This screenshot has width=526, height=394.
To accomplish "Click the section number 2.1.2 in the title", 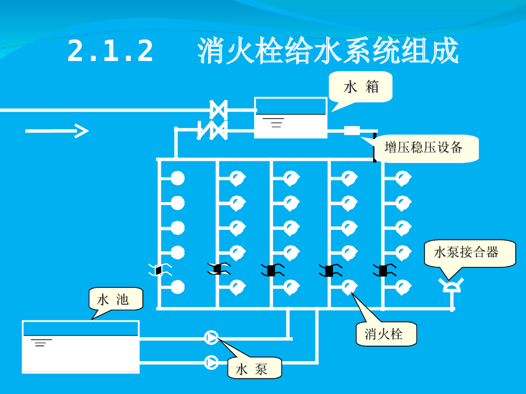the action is tap(110, 51).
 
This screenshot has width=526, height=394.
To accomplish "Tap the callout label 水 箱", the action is tap(361, 87).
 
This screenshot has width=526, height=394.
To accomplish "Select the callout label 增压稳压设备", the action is tap(423, 147).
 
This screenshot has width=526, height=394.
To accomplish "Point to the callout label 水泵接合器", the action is tap(466, 252).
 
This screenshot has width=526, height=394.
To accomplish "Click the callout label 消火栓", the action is tap(383, 333).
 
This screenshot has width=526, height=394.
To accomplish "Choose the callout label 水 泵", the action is tap(251, 369).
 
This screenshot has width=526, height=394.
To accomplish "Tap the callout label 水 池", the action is tap(112, 299).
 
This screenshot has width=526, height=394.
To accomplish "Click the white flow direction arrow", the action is tap(57, 131).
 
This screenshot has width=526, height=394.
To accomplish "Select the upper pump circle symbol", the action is tap(211, 338).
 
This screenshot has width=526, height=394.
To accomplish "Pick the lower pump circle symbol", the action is tap(211, 362).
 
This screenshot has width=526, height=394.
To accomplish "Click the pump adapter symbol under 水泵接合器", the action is tap(451, 285).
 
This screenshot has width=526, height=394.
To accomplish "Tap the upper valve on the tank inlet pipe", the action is tap(218, 110).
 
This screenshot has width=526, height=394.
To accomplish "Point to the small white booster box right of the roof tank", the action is tap(352, 130).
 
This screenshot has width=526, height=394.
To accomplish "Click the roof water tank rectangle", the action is tap(291, 117).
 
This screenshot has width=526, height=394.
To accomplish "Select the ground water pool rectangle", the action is tap(81, 346).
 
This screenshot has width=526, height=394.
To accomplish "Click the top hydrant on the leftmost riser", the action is tap(177, 178).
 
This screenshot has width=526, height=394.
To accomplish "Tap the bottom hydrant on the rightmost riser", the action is tap(403, 287).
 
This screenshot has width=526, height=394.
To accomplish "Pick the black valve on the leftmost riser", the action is tap(159, 270).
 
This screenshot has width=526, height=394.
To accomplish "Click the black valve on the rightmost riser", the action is tap(383, 270).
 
